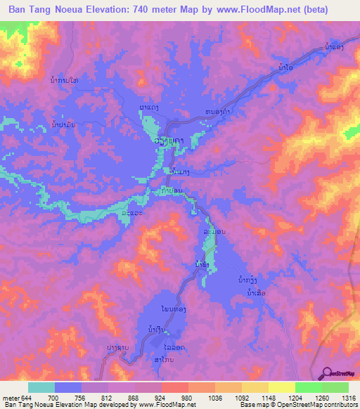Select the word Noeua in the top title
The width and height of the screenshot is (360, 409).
(74, 11)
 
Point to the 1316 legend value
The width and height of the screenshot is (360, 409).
(349, 398)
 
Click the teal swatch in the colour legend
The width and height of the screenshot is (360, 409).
(41, 387)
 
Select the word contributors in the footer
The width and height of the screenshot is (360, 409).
(337, 405)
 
